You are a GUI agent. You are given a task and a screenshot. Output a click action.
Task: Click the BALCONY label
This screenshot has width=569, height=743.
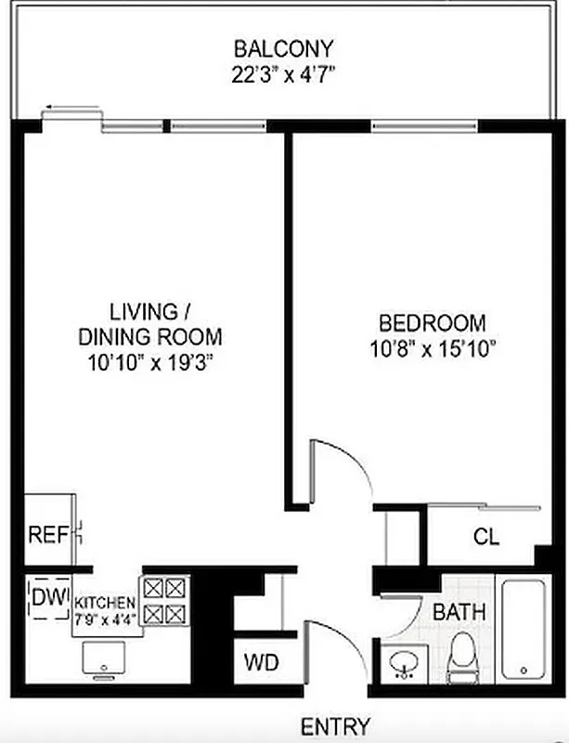pyautogui.click(x=283, y=47)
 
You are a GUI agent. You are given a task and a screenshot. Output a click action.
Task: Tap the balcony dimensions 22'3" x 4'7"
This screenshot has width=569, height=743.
pyautogui.click(x=283, y=74)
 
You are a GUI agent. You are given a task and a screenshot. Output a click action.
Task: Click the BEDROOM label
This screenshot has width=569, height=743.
pyautogui.click(x=433, y=323)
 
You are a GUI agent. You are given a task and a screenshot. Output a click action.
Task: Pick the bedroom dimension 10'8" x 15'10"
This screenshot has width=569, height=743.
pyautogui.click(x=433, y=350)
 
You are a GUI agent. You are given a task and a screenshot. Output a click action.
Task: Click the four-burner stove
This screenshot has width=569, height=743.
pyautogui.click(x=164, y=600)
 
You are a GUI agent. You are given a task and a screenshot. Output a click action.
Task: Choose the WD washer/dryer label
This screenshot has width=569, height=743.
pyautogui.click(x=260, y=663)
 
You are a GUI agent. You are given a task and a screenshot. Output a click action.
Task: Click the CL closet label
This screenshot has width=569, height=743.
pyautogui.click(x=487, y=536)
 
